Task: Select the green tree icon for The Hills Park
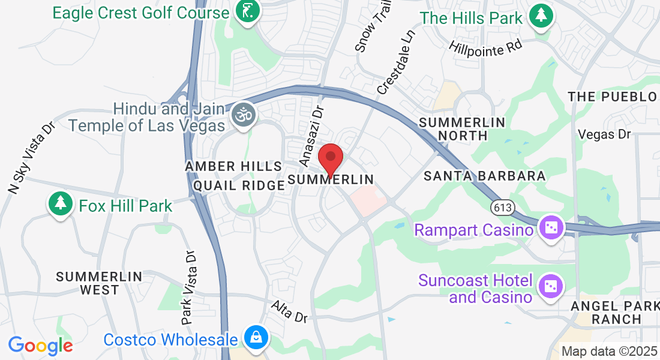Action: click(542, 16)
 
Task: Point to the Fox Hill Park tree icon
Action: click(60, 204)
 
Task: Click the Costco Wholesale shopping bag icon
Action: click(256, 337)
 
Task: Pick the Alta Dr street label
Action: click(289, 311)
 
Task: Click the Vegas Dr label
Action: click(604, 134)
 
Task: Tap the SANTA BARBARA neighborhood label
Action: click(485, 176)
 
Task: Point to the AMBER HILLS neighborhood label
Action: click(233, 166)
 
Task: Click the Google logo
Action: click(40, 345)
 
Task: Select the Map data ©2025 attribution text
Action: click(610, 352)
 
